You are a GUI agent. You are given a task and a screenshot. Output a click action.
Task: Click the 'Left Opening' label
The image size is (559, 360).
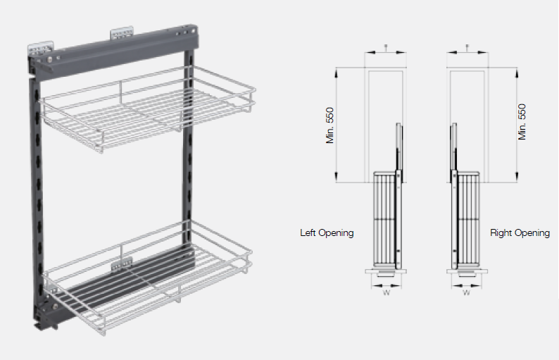point(327,232)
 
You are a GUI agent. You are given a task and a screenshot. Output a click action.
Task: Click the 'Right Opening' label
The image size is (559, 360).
point(520,232)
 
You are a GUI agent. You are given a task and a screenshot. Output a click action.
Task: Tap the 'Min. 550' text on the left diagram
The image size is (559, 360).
point(329,125)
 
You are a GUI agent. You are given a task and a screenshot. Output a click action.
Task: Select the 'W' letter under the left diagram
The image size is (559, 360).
point(386,293)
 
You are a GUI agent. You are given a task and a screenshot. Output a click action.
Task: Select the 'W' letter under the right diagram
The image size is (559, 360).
point(465,293)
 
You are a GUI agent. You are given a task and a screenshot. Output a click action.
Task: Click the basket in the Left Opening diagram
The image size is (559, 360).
point(384,218)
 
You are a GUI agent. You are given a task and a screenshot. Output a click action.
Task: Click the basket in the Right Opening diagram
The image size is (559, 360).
point(467,218)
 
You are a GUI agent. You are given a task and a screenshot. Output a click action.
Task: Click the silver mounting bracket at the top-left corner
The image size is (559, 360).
point(39,49)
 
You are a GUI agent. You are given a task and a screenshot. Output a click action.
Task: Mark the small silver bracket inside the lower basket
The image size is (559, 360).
point(121,263)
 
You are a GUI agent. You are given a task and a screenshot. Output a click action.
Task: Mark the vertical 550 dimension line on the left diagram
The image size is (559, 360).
point(338,123)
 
